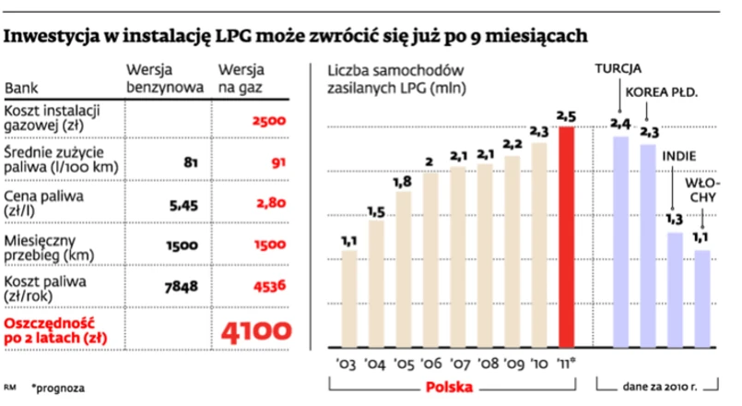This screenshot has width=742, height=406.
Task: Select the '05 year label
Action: coord(402,363)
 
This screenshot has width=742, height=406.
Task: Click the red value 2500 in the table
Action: coord(268,120)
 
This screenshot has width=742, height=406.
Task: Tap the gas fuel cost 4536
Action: coord(268,286)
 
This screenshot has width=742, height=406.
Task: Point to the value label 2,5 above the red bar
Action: coord(566,114)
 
